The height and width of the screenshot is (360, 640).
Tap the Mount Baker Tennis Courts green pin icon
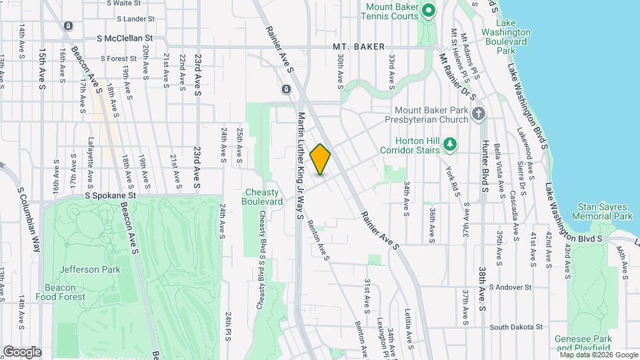pyautogui.click(x=429, y=10)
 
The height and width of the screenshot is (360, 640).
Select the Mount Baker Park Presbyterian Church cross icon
pyautogui.click(x=477, y=114)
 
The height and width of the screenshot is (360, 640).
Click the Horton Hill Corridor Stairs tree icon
pyautogui.click(x=450, y=143)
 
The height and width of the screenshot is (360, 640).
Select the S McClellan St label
pyautogui.click(x=125, y=39)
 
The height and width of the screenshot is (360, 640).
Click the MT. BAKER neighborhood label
pyautogui.click(x=359, y=47)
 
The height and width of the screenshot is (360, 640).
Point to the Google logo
pyautogui.click(x=22, y=351)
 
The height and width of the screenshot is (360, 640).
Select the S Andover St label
pyautogui.click(x=510, y=287)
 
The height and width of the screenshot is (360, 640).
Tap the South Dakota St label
pyautogui.click(x=517, y=327)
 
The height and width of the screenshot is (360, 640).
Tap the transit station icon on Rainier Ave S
pyautogui.click(x=286, y=89)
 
